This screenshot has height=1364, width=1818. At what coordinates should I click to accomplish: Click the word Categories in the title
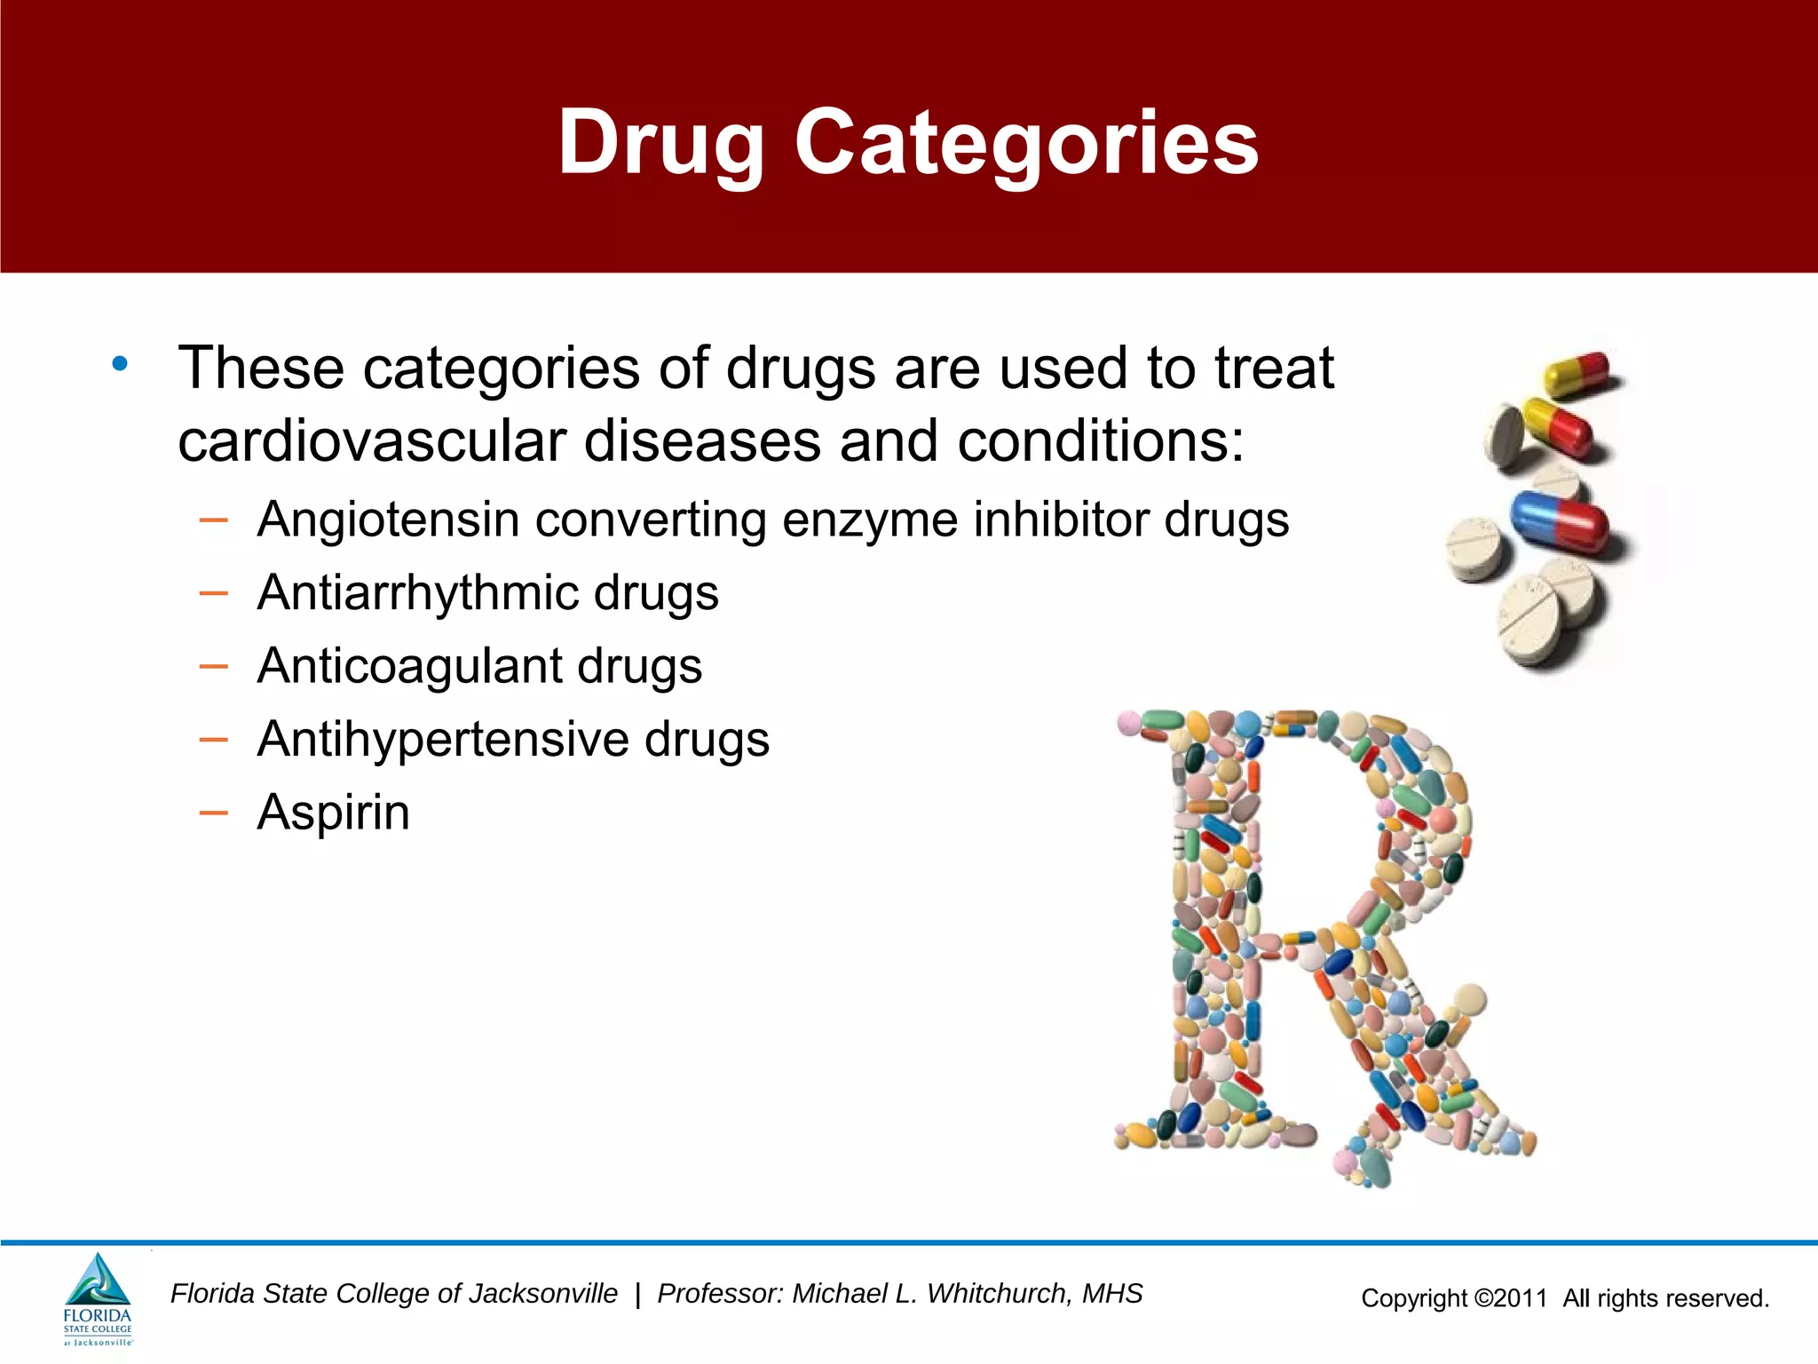(1025, 142)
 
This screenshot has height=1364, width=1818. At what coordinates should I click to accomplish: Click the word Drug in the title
(661, 142)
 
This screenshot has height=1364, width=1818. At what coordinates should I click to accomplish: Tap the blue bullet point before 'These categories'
(120, 363)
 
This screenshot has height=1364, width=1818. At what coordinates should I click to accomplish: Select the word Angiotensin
(388, 520)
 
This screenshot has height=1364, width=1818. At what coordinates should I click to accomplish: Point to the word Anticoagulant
(408, 666)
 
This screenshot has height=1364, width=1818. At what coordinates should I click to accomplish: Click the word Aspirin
(333, 813)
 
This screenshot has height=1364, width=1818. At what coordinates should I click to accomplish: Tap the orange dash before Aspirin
(214, 812)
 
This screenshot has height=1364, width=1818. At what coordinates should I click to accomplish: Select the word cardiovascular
(372, 441)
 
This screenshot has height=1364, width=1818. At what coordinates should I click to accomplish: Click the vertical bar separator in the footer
(637, 1295)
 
